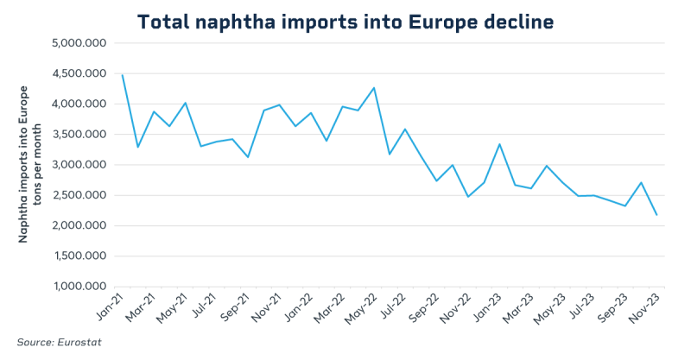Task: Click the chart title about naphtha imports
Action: point(345,22)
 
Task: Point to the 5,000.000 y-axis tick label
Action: point(79,43)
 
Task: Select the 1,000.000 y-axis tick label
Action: point(79,287)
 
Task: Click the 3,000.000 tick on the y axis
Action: point(79,165)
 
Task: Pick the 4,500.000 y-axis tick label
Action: point(79,73)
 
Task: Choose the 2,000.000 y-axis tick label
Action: point(79,225)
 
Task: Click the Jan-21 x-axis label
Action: point(110,305)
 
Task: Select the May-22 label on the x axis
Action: point(361,305)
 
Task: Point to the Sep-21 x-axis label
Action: point(235,305)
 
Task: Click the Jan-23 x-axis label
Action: point(486,305)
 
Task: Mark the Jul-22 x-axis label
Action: point(393,305)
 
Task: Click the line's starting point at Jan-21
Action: point(123,75)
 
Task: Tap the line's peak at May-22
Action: point(374,88)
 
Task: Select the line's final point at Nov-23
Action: point(657,215)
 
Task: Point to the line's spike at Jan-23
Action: point(500,144)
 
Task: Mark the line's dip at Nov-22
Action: point(468,197)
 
